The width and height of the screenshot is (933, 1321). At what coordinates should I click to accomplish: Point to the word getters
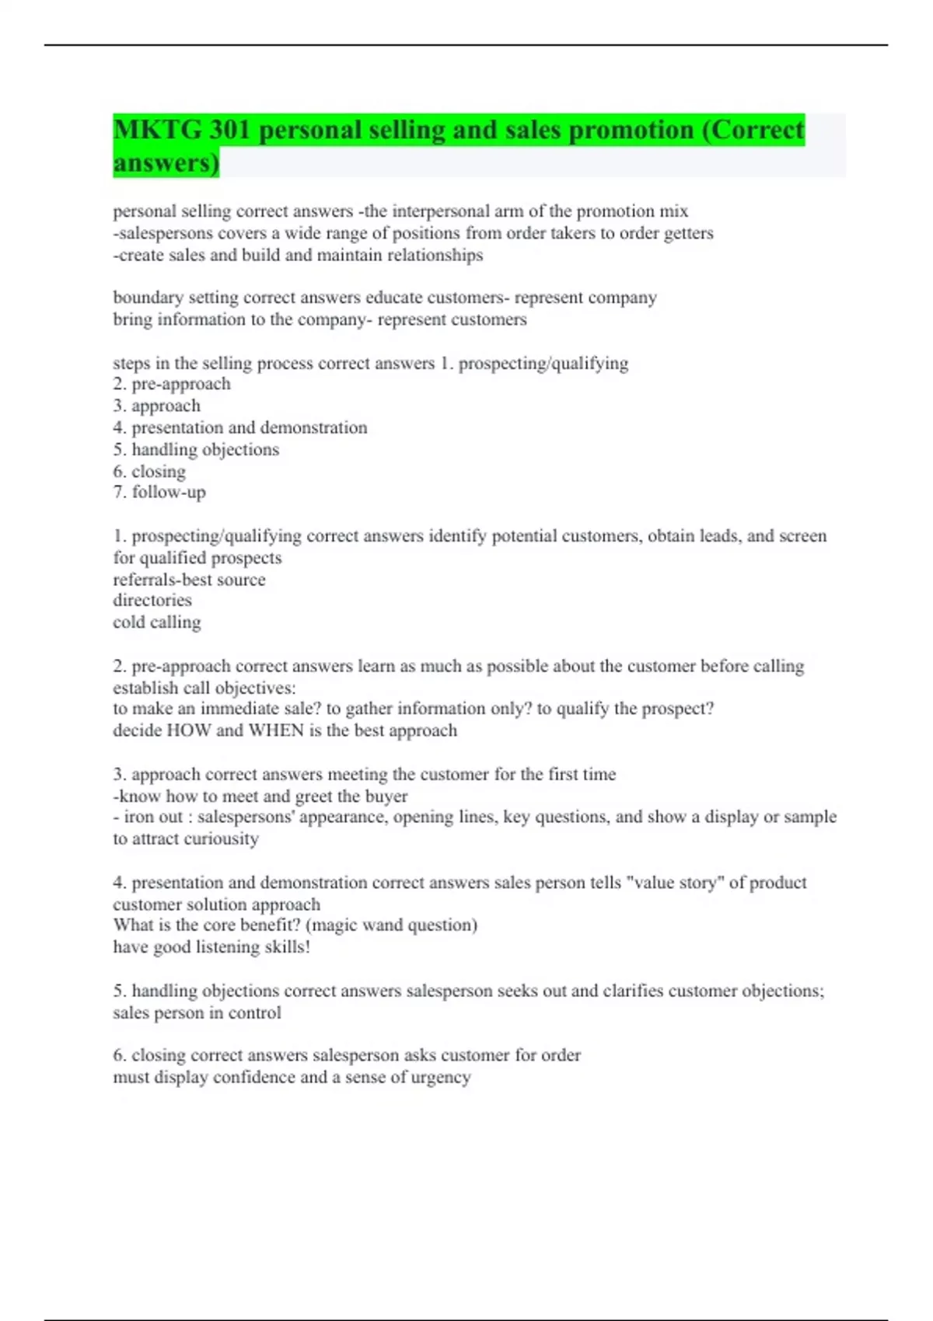[688, 233]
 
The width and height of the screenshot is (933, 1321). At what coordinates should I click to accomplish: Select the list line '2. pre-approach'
[172, 384]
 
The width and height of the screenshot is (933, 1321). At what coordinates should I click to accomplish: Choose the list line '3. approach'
[156, 406]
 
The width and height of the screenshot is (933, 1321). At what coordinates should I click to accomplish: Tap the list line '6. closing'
[149, 471]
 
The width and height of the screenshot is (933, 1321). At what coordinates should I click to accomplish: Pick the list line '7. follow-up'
[159, 492]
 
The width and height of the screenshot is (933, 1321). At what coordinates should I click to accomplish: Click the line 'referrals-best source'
[189, 580]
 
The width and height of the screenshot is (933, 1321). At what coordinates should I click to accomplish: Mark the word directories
[152, 601]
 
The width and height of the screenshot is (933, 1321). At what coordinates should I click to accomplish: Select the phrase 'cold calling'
[157, 622]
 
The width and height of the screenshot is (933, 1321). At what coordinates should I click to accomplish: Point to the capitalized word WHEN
[276, 730]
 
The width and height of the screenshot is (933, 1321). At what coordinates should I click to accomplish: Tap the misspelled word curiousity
[220, 839]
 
